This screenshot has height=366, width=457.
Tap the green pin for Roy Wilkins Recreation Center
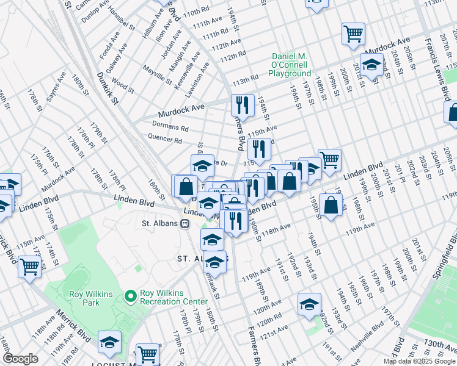(x=130, y=296)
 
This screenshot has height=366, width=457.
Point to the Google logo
(x=21, y=359)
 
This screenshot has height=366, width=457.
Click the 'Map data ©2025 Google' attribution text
(x=419, y=361)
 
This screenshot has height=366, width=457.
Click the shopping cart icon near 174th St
(x=29, y=267)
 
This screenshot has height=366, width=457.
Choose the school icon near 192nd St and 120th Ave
(x=309, y=303)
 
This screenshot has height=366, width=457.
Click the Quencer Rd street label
(x=169, y=140)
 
